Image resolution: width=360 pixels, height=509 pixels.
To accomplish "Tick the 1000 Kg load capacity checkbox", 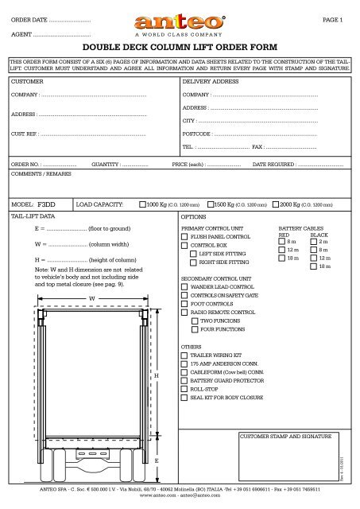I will (x=142, y=204).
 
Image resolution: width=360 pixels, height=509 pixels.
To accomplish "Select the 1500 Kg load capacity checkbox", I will (x=210, y=204).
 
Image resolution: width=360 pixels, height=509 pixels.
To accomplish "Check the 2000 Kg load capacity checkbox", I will (x=275, y=204).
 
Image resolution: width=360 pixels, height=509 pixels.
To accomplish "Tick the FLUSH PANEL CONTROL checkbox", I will (x=185, y=237).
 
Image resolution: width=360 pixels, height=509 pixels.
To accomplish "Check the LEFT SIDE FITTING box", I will (x=193, y=253).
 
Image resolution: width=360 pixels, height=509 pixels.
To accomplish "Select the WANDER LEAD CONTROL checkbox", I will (x=185, y=286).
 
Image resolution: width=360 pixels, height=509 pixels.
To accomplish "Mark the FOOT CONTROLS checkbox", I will (x=185, y=304).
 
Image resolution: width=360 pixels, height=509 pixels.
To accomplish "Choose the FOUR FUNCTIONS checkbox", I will (x=193, y=328).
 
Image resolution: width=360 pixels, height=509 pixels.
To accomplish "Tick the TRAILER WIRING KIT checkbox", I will (x=185, y=355).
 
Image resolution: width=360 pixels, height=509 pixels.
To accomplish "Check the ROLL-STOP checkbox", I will (x=185, y=389).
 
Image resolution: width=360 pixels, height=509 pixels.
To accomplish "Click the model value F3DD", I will (x=48, y=204).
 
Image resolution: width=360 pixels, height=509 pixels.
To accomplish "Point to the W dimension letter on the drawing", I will (x=92, y=299).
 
